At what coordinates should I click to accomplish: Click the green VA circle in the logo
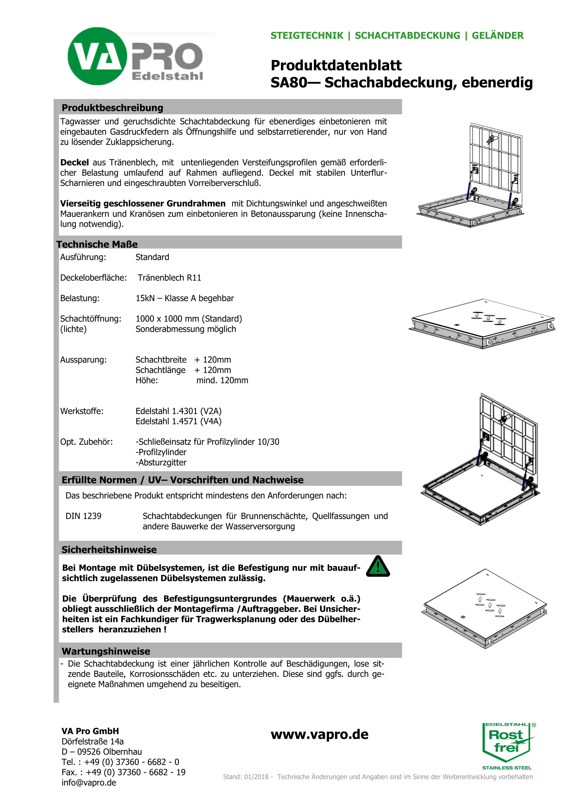(97, 56)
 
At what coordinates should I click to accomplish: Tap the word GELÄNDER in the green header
(497, 36)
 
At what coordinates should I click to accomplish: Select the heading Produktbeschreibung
(112, 108)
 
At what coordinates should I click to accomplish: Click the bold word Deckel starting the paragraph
(75, 162)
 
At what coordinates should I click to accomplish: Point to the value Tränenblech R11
(169, 278)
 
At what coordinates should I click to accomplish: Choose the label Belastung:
(80, 298)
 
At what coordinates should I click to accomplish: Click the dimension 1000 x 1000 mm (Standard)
(188, 318)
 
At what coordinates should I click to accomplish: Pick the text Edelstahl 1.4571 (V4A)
(178, 421)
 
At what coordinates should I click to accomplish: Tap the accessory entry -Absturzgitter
(161, 462)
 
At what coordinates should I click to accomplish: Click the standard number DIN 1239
(84, 516)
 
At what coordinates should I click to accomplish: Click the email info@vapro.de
(89, 783)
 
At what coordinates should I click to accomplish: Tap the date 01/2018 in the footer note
(256, 777)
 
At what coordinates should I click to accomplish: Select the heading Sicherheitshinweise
(109, 550)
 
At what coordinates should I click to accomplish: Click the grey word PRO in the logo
(167, 56)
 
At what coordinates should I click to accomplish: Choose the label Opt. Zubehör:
(86, 442)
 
